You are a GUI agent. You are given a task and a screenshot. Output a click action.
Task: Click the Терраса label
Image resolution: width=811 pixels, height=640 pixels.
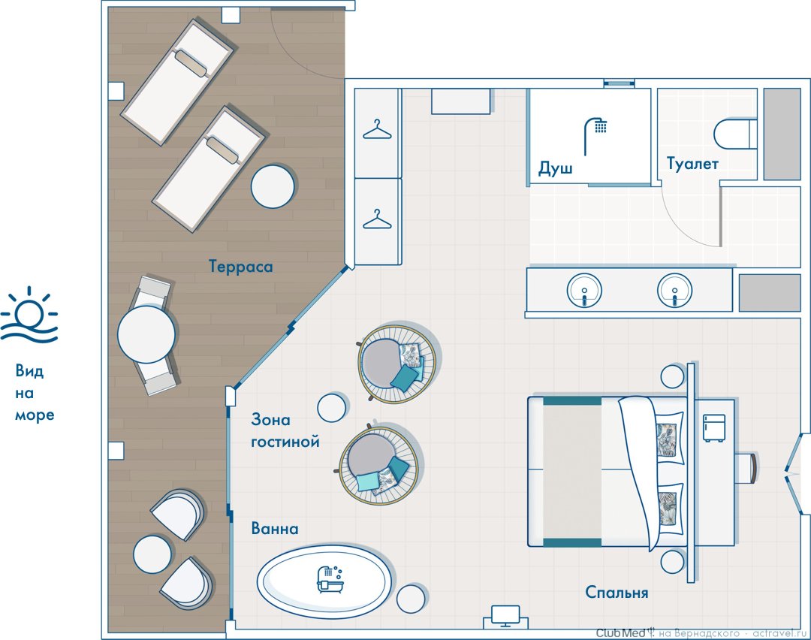[240, 267]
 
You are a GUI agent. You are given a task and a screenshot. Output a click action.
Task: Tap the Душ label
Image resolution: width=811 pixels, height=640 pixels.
[555, 169]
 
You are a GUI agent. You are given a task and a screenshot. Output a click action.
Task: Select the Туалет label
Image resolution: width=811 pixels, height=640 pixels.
[692, 164]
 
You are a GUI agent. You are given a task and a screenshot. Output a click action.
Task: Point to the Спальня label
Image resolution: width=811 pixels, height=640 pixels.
[617, 592]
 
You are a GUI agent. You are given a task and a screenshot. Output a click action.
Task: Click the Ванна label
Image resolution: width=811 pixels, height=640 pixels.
[275, 528]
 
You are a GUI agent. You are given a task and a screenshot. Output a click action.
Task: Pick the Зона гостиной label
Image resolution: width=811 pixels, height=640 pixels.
[285, 430]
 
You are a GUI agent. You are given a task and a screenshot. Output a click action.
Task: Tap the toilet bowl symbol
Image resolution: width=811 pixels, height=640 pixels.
[735, 134]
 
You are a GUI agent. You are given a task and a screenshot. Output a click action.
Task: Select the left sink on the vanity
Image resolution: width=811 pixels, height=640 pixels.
[584, 291]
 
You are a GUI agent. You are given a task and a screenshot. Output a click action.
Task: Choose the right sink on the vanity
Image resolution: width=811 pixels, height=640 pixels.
[674, 291]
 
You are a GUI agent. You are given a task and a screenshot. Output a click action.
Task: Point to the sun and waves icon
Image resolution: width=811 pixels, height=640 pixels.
[29, 315]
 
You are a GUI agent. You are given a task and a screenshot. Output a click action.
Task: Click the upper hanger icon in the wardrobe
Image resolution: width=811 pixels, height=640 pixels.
[377, 130]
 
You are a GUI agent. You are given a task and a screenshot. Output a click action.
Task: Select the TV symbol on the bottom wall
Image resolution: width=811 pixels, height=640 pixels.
[506, 616]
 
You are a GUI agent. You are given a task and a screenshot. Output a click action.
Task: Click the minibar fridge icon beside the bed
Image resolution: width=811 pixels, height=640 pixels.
[714, 428]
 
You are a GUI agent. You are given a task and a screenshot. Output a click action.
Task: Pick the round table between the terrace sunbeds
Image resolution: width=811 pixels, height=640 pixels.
[273, 186]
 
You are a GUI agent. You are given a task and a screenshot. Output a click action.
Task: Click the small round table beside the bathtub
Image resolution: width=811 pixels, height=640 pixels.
[412, 599]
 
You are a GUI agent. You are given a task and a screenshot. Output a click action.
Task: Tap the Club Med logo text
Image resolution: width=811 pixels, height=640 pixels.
[621, 632]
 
